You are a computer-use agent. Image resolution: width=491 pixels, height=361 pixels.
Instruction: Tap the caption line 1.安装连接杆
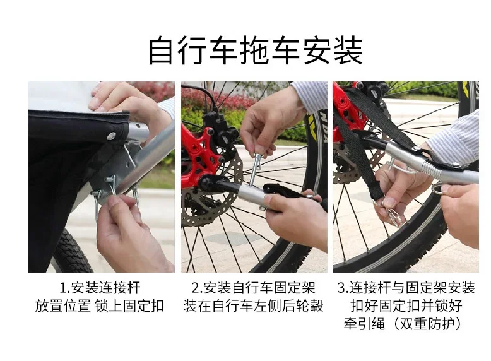coord(100,288)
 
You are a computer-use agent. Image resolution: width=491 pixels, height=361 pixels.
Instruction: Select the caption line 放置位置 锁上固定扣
coord(100,307)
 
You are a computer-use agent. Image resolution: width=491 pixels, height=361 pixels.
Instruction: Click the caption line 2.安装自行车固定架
coord(253,288)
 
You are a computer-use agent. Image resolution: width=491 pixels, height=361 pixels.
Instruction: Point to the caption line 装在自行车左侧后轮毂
coord(253,307)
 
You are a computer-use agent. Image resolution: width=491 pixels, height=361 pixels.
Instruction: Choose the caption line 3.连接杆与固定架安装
coord(406,288)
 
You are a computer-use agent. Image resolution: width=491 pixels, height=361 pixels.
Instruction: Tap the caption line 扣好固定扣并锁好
coord(406,307)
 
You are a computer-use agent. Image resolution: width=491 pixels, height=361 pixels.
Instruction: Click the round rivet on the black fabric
coord(111,136)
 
